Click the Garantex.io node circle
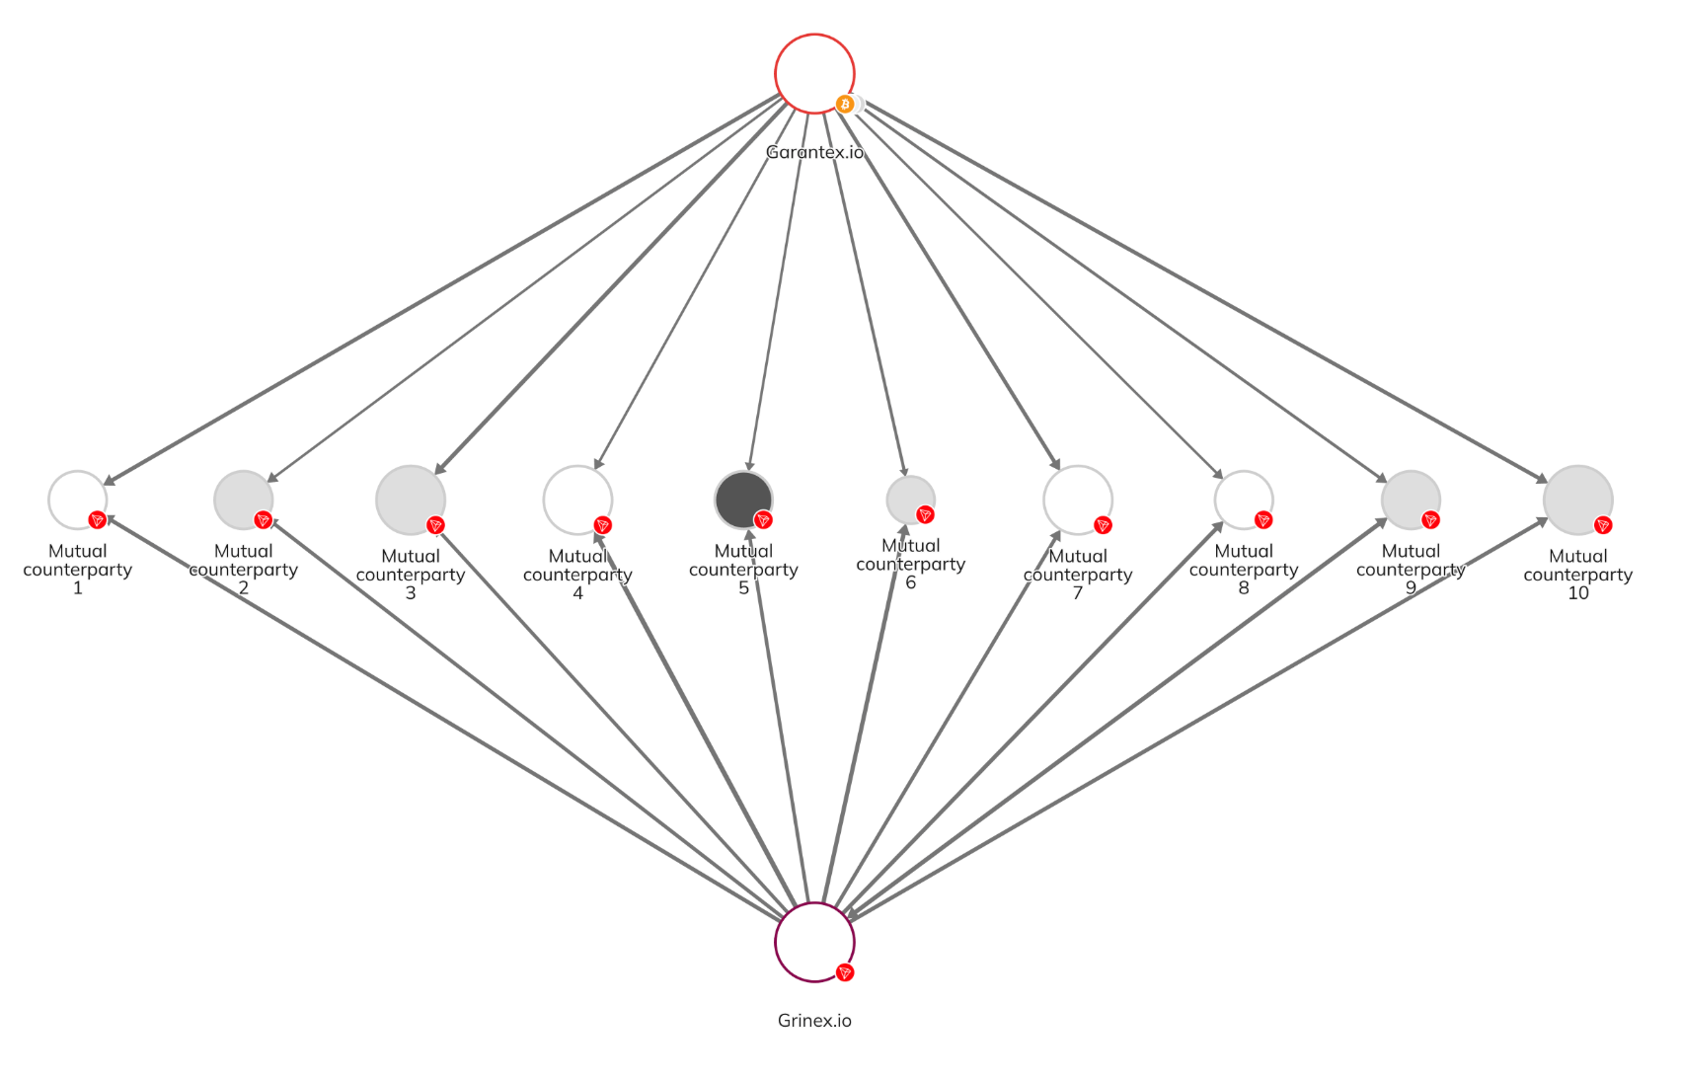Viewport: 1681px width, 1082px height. (814, 73)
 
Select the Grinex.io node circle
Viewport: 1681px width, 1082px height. (814, 942)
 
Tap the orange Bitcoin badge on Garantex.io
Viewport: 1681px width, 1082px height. (845, 104)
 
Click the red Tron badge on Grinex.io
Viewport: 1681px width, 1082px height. (844, 972)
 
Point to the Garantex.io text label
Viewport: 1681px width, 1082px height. (814, 152)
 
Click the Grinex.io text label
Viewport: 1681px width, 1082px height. (814, 1021)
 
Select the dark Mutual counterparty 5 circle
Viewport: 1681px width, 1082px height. (742, 500)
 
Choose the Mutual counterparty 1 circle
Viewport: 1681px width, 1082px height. (77, 500)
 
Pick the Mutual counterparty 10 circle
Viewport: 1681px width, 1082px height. (1577, 500)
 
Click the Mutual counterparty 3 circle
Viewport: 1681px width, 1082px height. (410, 500)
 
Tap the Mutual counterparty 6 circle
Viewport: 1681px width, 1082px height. (909, 500)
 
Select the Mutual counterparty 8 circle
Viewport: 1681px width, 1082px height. (1243, 500)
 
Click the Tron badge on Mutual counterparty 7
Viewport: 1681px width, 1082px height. (1103, 525)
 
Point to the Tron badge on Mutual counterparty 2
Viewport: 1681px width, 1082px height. (263, 520)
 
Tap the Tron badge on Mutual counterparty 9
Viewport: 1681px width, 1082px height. (1430, 520)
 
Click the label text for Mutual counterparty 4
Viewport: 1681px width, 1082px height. (577, 575)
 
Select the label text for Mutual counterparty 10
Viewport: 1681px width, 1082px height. (1577, 575)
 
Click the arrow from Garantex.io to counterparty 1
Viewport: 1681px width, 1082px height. (444, 287)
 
